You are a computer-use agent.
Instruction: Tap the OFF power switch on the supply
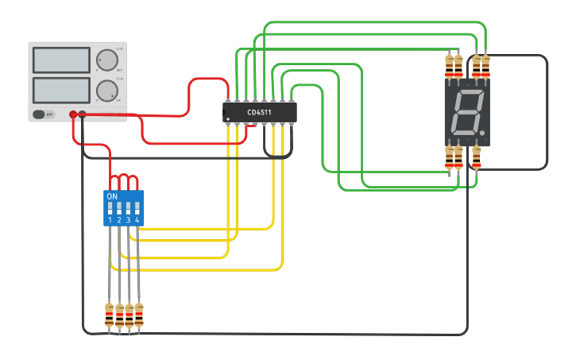tap(44, 114)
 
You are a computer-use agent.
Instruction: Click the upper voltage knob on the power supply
tap(106, 60)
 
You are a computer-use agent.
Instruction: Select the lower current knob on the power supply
tap(106, 91)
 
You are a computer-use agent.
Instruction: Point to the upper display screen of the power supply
tap(62, 60)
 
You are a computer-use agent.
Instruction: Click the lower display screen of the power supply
tap(62, 90)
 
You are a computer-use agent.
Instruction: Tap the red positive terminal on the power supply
tap(73, 114)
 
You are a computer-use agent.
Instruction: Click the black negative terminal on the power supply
tap(83, 114)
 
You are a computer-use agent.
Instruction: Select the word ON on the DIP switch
tap(112, 195)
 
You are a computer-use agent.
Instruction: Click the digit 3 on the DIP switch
tap(128, 219)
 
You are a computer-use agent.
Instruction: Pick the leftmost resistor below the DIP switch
tap(110, 315)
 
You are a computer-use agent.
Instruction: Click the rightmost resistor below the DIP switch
tap(139, 315)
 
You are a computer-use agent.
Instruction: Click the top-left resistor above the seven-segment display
tap(449, 67)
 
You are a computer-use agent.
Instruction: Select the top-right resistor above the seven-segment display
tap(485, 67)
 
